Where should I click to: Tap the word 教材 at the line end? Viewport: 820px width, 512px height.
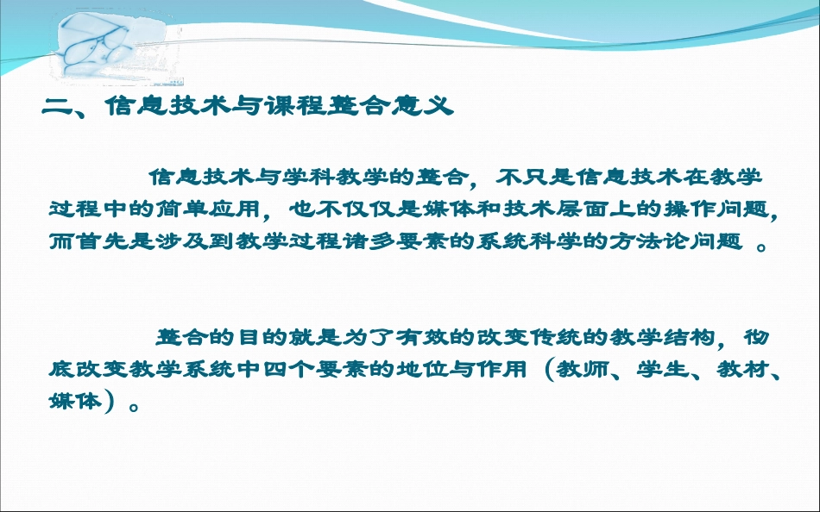[737, 369]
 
